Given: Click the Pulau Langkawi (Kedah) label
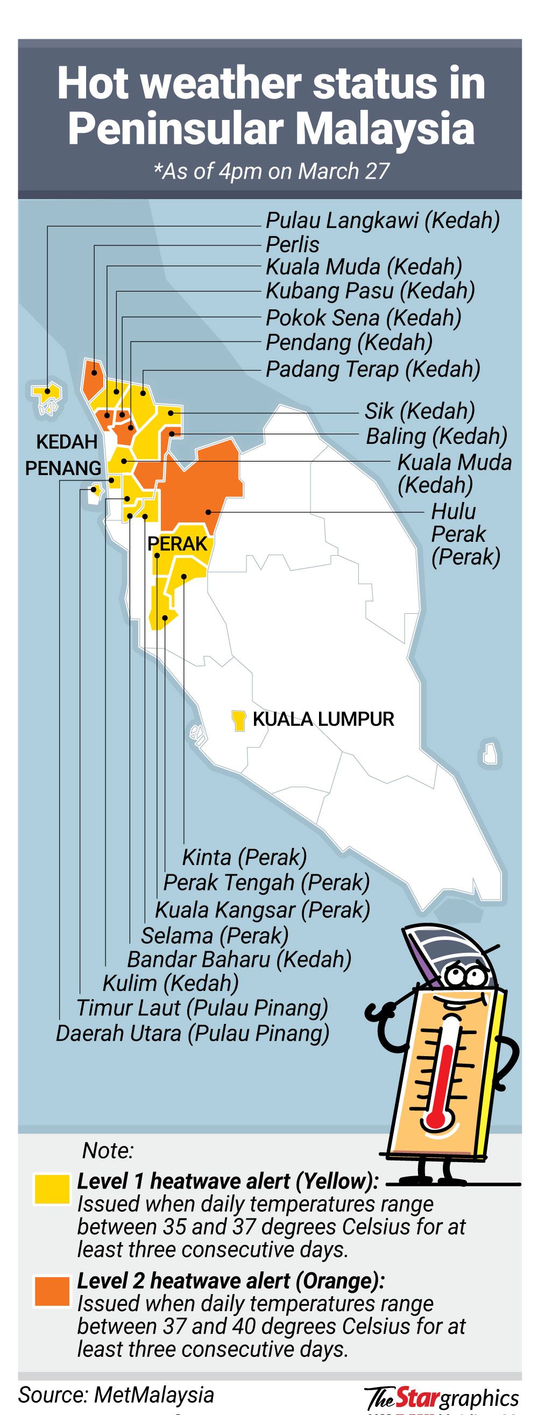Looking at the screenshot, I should pos(383,221).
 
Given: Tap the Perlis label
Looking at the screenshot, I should pos(292,244).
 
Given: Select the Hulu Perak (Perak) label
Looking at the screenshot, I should pos(465,534).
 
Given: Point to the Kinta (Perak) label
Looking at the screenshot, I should pos(245,857).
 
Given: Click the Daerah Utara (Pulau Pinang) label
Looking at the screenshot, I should pos(193,1032).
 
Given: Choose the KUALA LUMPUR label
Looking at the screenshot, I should pos(323,719).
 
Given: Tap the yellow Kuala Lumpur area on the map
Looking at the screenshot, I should pos(238,719).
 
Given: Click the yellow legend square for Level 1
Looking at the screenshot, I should pos(52,1189).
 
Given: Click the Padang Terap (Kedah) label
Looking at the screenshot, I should pos(373,369).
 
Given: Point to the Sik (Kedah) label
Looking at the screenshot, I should pos(420,411).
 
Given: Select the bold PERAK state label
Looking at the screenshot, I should pos(178,544).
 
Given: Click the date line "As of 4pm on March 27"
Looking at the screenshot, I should pos(272,172).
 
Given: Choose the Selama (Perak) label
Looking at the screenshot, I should pos(215,935).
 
